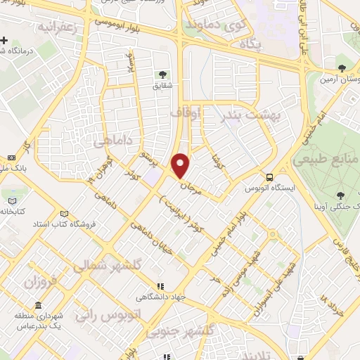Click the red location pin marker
[x=181, y=165]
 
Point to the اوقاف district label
[x=186, y=112]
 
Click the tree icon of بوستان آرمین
[x=342, y=68]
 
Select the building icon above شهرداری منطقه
[x=37, y=307]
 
